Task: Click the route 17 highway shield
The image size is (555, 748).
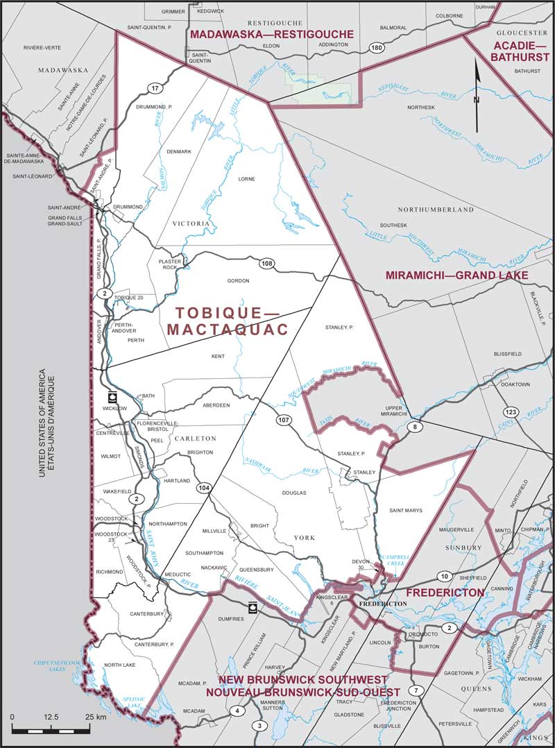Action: (x=154, y=87)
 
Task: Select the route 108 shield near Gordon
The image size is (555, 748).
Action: (x=268, y=264)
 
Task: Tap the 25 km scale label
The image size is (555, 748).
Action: (x=95, y=717)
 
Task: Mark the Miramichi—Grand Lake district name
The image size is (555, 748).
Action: (x=456, y=275)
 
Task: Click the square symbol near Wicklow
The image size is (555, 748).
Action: (x=112, y=398)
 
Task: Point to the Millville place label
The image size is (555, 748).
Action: (x=214, y=530)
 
